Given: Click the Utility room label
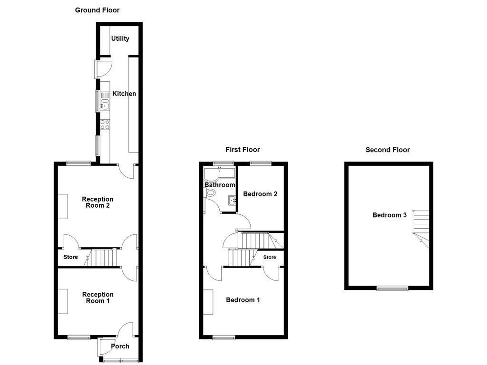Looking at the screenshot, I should pos(120,38).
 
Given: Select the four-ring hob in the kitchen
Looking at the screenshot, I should pos(105,125).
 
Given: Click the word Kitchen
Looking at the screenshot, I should pos(124,94).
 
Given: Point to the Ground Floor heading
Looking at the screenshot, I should pos(97,10).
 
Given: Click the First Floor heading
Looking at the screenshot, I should pos(243,150).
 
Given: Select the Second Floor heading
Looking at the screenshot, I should pos(387,150).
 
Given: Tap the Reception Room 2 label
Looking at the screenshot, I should pos(97,202).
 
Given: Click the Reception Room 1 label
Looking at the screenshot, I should pos(97,298).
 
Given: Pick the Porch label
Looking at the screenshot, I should pos(120,346).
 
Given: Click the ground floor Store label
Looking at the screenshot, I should pos(70,257).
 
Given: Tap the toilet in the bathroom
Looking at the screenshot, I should pos(211,193).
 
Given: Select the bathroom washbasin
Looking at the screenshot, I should pos(233,200).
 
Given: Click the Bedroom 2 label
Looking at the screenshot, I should pos(260,194).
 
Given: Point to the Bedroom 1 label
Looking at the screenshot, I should pos(243,300).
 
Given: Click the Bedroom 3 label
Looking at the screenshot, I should pos(389,215).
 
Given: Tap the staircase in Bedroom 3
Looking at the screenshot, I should pos(420,226).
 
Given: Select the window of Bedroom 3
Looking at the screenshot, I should pos(392,288).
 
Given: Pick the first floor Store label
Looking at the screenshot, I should pos(270,257).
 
